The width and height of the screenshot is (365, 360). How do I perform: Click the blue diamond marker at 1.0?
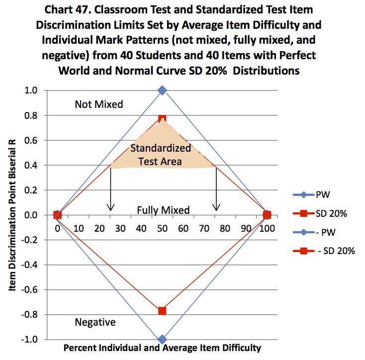[x=162, y=90]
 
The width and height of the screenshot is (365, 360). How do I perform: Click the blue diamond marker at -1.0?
[x=162, y=339]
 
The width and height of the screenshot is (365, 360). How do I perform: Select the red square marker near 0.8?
[x=162, y=119]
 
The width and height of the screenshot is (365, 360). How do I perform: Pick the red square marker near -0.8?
[x=162, y=311]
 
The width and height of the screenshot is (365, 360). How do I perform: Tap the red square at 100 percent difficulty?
[x=267, y=215]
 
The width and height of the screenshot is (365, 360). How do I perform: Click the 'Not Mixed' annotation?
[x=99, y=104]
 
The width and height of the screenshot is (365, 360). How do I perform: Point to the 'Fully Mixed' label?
[x=163, y=210]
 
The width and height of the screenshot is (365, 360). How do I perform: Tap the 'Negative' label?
[x=95, y=322]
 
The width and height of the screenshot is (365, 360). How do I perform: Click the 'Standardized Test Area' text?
[x=161, y=155]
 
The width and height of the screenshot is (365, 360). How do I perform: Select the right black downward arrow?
[x=216, y=189]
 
